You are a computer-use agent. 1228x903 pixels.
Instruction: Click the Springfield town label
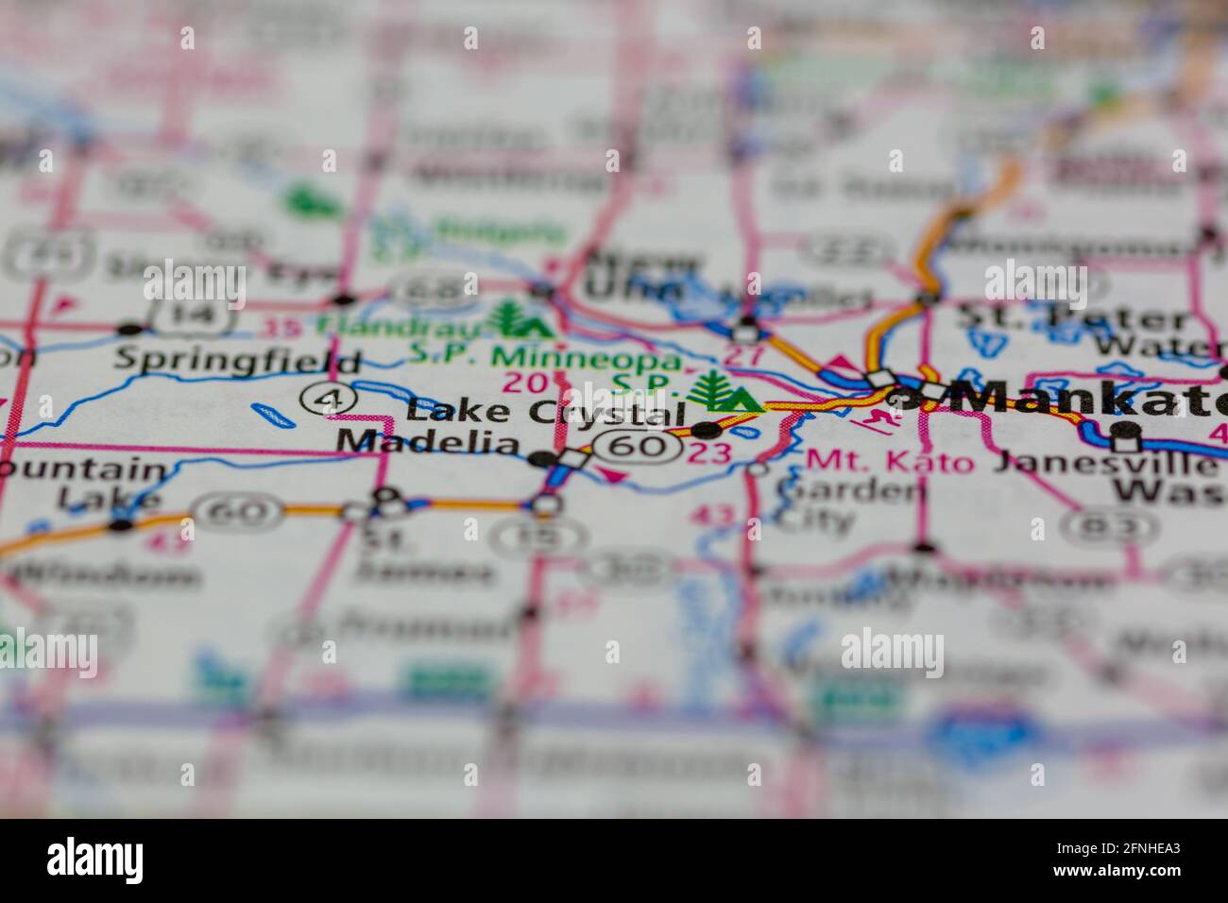point(237,361)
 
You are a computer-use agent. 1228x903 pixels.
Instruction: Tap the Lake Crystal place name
point(545,413)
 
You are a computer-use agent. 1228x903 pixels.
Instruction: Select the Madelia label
point(428,442)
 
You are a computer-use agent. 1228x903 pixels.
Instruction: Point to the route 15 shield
point(542,537)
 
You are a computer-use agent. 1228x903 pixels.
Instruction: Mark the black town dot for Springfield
point(129,330)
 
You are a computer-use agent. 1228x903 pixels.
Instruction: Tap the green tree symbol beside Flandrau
point(514,319)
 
